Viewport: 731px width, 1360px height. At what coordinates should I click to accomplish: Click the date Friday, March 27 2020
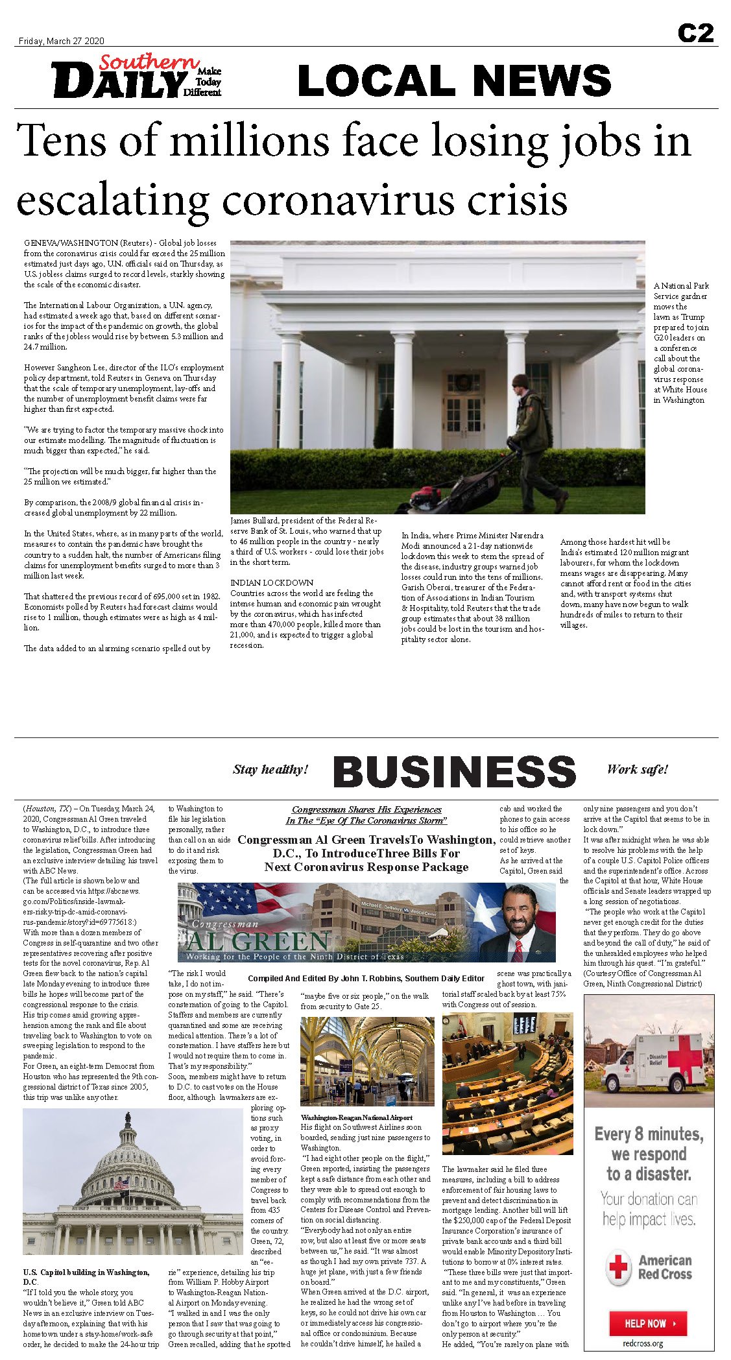pos(61,41)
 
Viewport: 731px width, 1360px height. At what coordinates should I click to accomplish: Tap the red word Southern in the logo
pos(149,62)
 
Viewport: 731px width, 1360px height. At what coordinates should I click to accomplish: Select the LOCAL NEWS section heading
pos(454,80)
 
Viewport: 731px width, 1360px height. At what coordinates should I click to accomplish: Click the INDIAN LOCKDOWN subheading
pos(272,582)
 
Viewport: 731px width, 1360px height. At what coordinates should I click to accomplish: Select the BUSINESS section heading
pos(454,772)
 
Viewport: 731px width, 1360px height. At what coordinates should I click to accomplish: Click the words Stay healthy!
pos(270,769)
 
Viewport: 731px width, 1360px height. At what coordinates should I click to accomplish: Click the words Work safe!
pos(637,769)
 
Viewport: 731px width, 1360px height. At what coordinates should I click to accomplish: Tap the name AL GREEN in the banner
pos(258,940)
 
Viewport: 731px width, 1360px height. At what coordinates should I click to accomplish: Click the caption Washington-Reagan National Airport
pos(356,1117)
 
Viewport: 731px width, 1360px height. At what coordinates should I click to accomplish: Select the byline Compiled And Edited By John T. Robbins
pos(366,978)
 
